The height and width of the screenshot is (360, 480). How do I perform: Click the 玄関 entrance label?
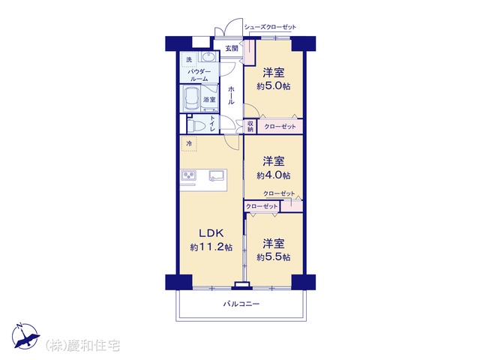pos(232,48)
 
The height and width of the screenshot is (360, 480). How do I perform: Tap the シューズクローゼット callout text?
pos(270,27)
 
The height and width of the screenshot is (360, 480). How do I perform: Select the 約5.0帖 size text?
pos(273,86)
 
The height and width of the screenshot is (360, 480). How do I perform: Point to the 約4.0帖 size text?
pos(273,175)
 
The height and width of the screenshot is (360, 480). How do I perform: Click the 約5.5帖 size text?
pos(273,257)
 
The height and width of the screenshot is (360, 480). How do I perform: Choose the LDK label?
pos(211,233)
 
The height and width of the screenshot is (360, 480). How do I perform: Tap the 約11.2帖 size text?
pos(211,247)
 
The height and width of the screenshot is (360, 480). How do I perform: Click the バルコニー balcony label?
pos(241,304)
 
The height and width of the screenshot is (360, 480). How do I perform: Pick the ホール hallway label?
pos(231,95)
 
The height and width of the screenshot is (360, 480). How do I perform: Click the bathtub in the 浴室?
pos(191,98)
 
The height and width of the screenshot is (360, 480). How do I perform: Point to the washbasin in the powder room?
pos(208,57)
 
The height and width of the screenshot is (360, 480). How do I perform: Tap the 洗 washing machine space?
pos(190,59)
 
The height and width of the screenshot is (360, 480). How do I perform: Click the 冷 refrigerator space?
pos(189,143)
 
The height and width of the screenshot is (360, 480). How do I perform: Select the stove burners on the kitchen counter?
pos(189,175)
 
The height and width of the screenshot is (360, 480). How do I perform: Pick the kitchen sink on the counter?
pos(217,175)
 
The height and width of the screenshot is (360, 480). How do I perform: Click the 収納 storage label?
pos(250,127)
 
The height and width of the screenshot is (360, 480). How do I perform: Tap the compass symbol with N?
pos(25,336)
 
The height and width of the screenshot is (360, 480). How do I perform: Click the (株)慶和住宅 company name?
pos(82,346)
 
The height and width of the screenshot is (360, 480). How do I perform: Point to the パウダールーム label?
pos(199,75)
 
